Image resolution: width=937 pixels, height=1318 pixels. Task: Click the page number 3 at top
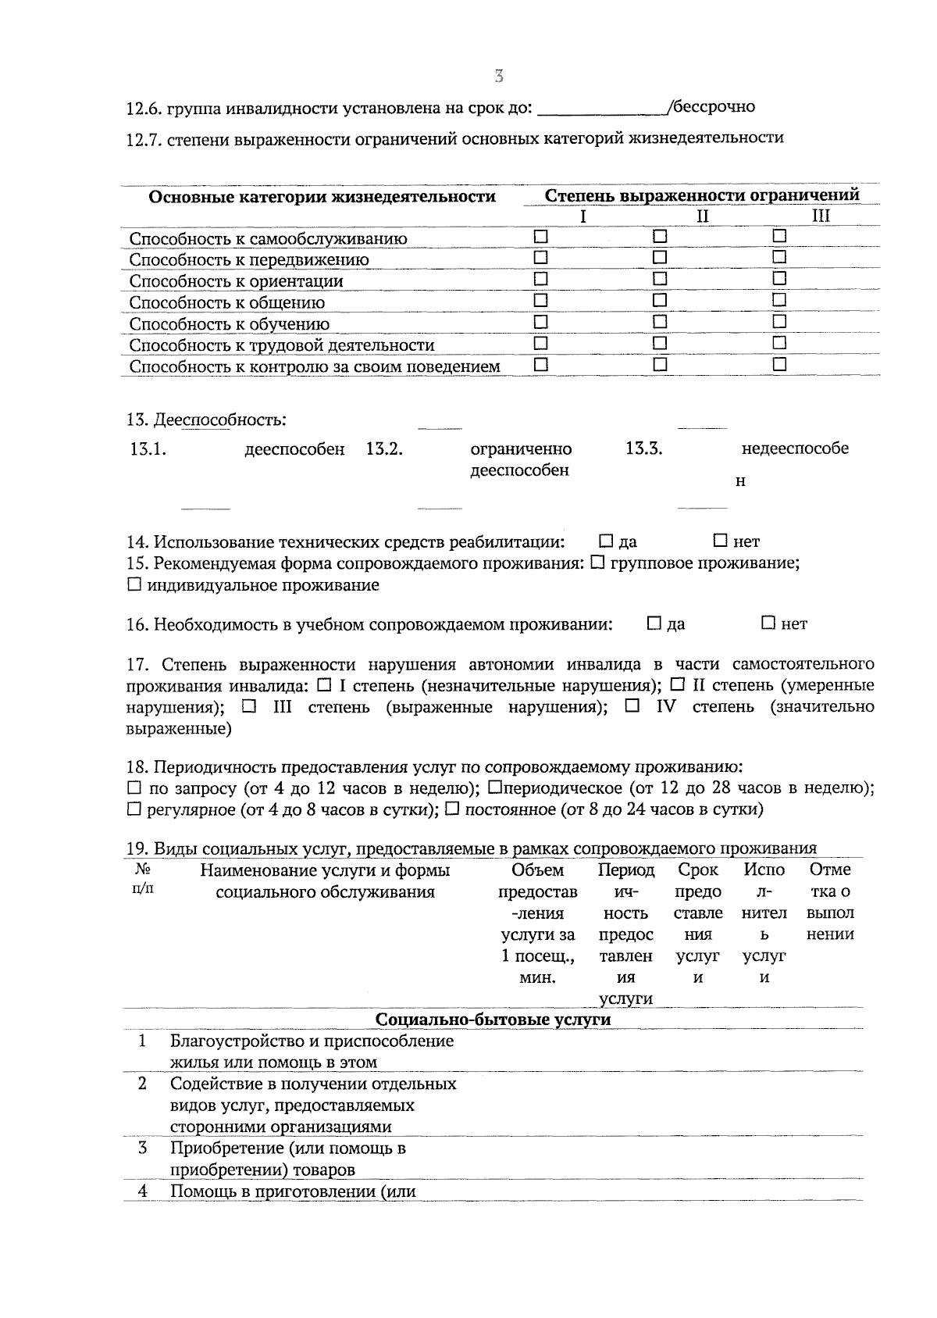(x=499, y=77)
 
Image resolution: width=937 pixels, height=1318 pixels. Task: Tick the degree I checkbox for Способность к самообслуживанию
(x=540, y=236)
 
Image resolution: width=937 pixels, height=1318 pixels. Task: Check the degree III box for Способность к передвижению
(x=779, y=257)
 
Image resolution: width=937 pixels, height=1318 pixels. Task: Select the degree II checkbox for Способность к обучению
(x=660, y=321)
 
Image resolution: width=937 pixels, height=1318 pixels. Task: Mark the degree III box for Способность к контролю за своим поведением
(x=779, y=364)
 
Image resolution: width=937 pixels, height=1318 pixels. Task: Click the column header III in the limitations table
(x=821, y=216)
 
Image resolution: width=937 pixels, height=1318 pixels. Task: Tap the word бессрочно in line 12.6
(x=714, y=106)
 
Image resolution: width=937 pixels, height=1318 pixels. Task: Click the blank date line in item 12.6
(x=601, y=108)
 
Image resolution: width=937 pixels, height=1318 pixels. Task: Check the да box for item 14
(x=606, y=541)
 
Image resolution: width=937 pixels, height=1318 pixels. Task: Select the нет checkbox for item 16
(x=768, y=623)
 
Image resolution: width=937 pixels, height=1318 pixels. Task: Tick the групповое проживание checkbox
(x=598, y=563)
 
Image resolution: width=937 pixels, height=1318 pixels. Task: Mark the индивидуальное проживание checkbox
(x=134, y=584)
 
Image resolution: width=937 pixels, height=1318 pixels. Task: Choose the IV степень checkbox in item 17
(x=632, y=706)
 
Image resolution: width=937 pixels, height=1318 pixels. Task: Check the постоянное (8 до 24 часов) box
(x=452, y=809)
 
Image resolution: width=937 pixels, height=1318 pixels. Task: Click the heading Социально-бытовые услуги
(x=493, y=1020)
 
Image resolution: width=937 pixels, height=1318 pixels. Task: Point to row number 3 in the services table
(x=142, y=1148)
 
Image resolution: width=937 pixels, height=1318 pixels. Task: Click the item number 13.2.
(x=384, y=449)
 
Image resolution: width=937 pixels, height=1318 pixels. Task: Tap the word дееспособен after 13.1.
(x=294, y=449)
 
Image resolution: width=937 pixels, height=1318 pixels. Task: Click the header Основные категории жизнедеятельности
(x=322, y=197)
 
